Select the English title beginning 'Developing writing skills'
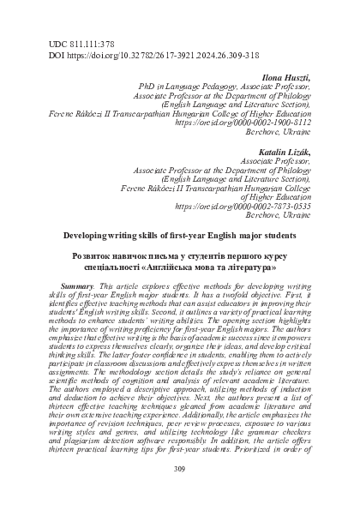(180, 232)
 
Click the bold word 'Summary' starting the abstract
(81, 283)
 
